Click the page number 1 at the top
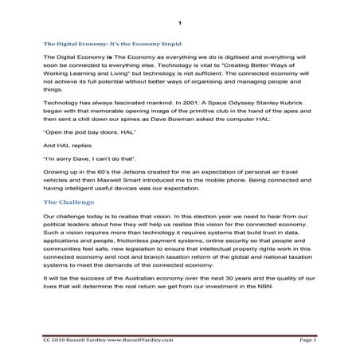[180, 22]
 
